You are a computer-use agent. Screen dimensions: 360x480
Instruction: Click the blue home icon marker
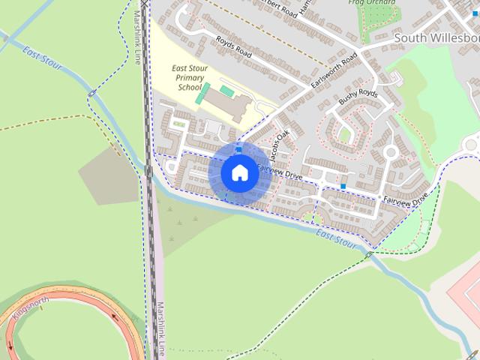(x=238, y=172)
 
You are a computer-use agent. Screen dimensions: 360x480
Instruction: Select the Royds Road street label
(x=233, y=46)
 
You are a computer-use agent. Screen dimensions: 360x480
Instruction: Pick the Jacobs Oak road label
(x=280, y=145)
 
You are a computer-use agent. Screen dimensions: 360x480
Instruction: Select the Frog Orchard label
(x=373, y=3)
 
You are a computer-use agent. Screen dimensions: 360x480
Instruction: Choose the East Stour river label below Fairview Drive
(x=336, y=239)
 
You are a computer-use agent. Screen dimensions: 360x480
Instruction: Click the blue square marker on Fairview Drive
(x=343, y=186)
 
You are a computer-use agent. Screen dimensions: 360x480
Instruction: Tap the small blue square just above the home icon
(x=238, y=150)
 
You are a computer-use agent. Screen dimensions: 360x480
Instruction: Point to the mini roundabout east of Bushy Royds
(x=390, y=152)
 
